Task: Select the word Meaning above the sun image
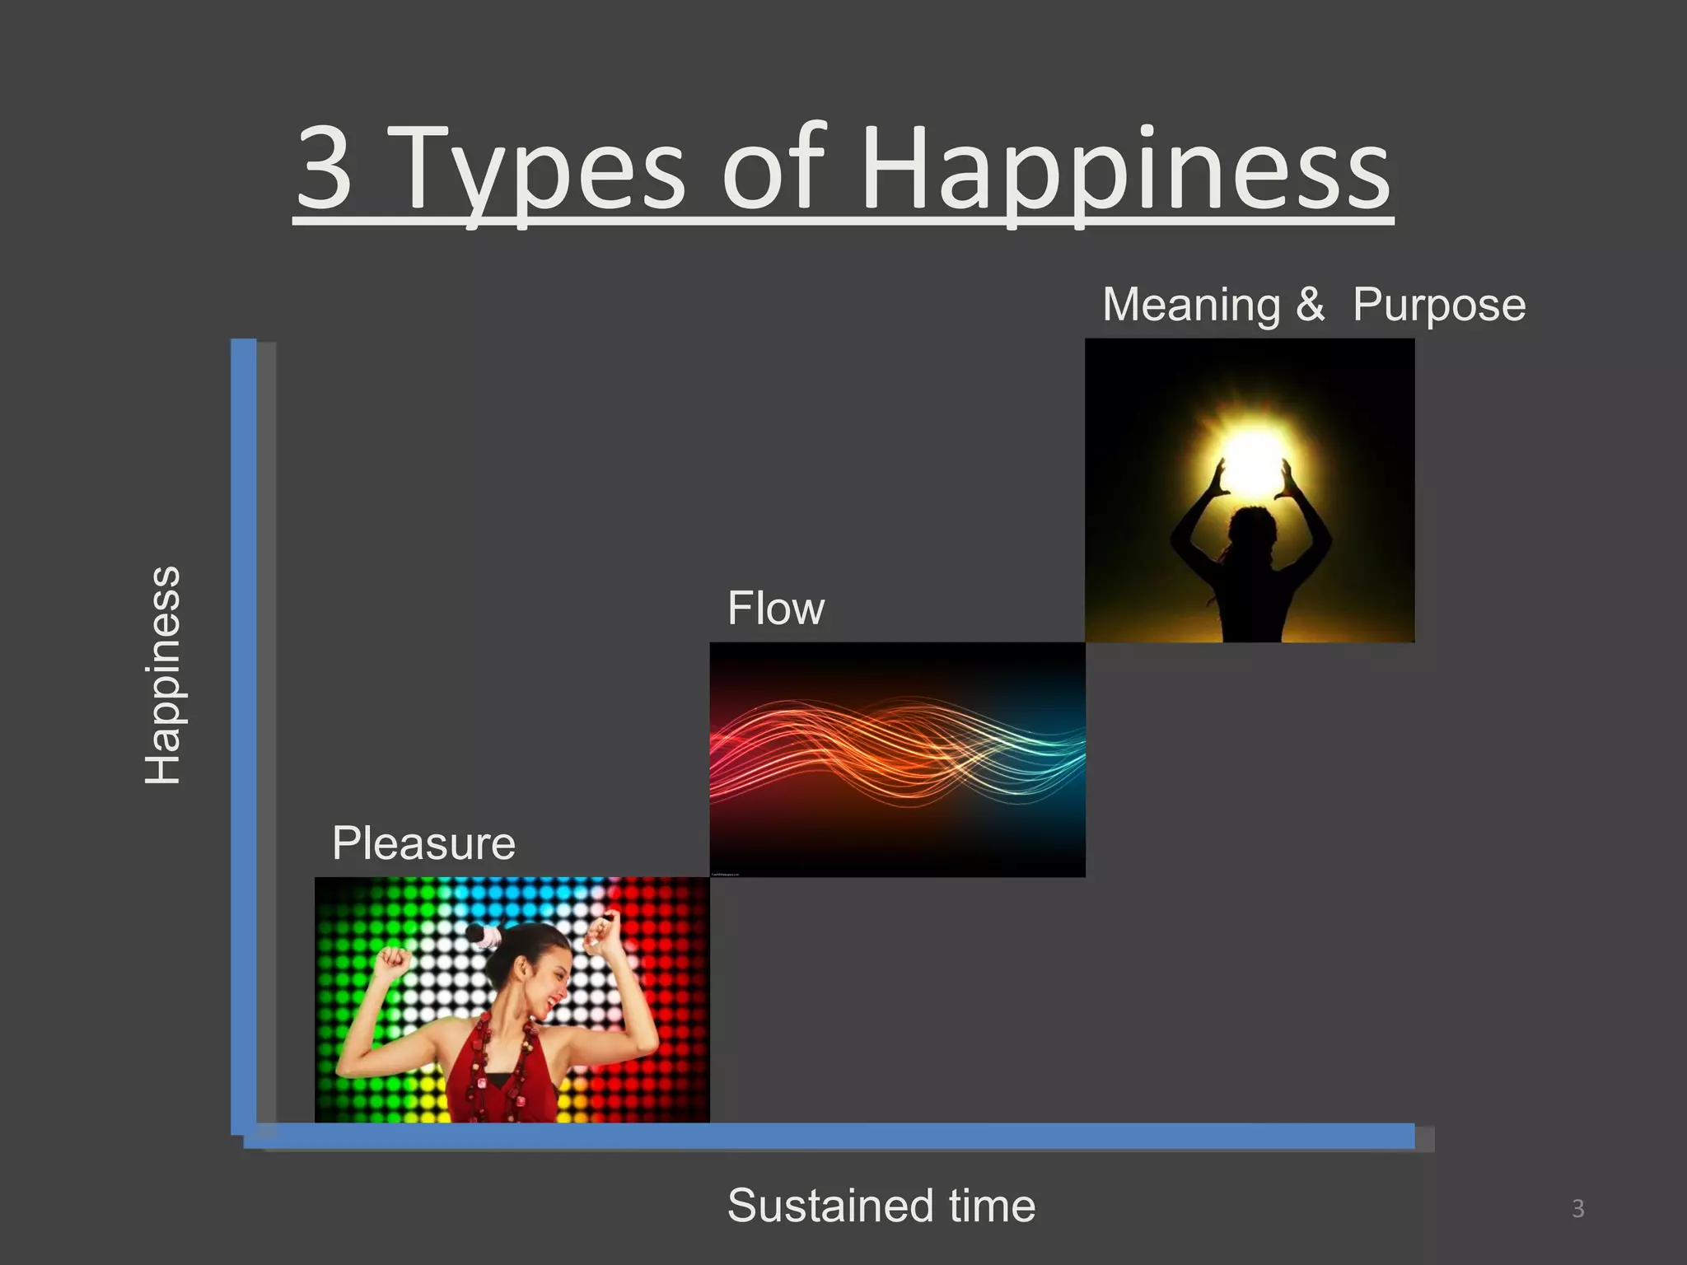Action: [1191, 306]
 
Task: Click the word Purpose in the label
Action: [1438, 306]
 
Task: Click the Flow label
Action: [775, 609]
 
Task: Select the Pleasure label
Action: [423, 843]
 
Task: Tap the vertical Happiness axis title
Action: [163, 675]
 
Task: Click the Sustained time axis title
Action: [881, 1206]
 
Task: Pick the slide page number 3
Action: [1577, 1208]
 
